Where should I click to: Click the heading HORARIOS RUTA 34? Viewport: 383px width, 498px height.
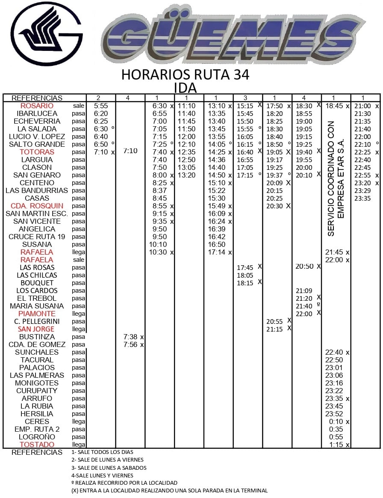pos(185,74)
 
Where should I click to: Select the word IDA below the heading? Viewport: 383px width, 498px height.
pos(185,88)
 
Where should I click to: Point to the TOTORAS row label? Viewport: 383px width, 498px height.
pos(37,152)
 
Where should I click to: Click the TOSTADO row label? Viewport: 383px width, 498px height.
pos(37,445)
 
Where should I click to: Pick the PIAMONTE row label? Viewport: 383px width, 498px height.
pos(37,314)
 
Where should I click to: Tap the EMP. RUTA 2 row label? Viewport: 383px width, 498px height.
pos(37,429)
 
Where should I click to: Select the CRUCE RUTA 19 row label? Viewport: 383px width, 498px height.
pos(37,237)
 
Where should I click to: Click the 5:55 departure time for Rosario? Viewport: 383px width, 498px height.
pos(101,106)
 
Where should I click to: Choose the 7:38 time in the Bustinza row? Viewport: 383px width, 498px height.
pos(130,337)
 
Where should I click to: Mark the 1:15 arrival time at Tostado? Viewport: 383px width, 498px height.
pos(334,445)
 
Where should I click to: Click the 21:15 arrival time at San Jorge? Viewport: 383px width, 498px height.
pos(274,329)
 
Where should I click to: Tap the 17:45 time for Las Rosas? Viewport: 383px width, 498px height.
pos(245,267)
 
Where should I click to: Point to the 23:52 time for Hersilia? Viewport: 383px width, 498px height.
pos(334,414)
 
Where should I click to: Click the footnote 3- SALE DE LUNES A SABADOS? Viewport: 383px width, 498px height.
pos(109,468)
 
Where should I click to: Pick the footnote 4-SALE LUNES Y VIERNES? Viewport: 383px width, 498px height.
pos(102,475)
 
